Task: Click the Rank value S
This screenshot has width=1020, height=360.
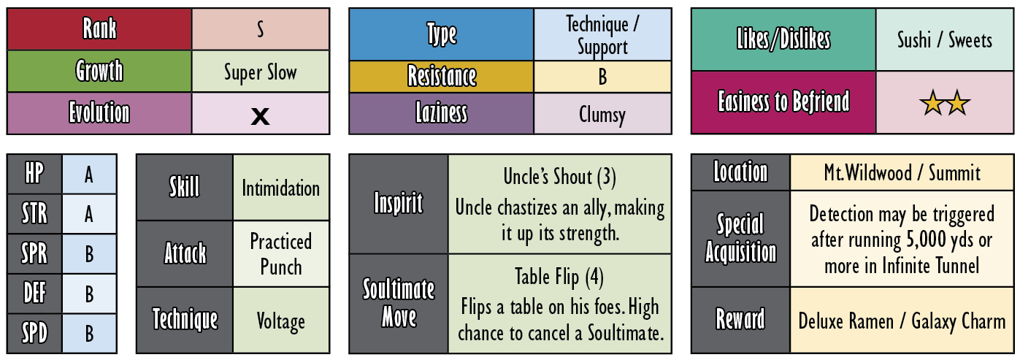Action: pyautogui.click(x=260, y=29)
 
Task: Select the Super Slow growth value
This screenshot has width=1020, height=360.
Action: pyautogui.click(x=261, y=72)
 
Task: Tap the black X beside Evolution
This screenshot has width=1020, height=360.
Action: pyautogui.click(x=260, y=116)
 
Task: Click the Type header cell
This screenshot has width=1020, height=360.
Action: pyautogui.click(x=441, y=34)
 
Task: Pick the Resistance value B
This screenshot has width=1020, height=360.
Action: pyautogui.click(x=602, y=77)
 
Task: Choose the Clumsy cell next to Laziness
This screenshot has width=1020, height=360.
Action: pyautogui.click(x=602, y=114)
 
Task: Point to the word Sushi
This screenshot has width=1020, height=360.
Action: pyautogui.click(x=914, y=40)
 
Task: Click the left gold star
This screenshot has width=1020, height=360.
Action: pyautogui.click(x=932, y=102)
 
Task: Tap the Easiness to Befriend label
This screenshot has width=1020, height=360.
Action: pyautogui.click(x=783, y=102)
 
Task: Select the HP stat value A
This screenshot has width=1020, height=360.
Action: pyautogui.click(x=89, y=175)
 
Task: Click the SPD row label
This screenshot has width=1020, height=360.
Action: pyautogui.click(x=34, y=333)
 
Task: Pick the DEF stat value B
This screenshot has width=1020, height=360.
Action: pyautogui.click(x=89, y=294)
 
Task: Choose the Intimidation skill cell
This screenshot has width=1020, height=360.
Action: pyautogui.click(x=281, y=188)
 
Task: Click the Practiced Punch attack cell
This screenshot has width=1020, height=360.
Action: pyautogui.click(x=281, y=254)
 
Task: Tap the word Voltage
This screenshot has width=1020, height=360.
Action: pyautogui.click(x=280, y=321)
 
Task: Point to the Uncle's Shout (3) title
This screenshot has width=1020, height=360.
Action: pyautogui.click(x=559, y=177)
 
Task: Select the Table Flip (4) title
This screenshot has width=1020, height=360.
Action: pyautogui.click(x=559, y=277)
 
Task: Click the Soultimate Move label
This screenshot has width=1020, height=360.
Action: pyautogui.click(x=399, y=303)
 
